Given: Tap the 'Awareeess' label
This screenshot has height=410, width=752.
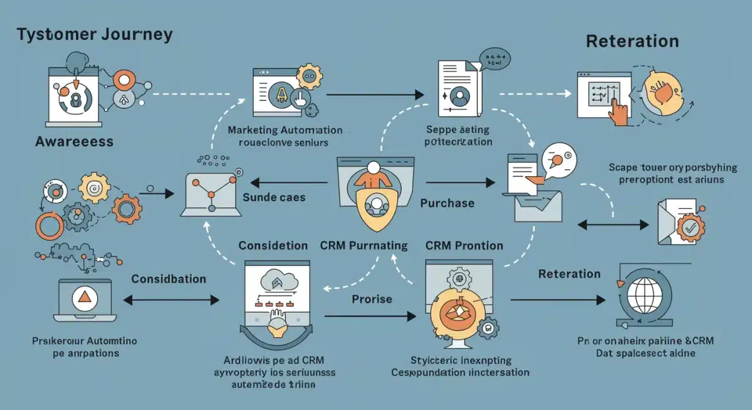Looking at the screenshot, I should coord(74,142).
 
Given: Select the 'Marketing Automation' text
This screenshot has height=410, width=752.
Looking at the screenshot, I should coord(285,130).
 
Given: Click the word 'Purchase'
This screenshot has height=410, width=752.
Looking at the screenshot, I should coord(447,203).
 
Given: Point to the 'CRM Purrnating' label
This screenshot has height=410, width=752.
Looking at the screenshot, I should coord(363,246).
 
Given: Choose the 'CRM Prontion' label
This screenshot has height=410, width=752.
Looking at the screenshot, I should coord(464,246).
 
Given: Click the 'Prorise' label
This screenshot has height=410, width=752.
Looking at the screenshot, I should coord(372,299).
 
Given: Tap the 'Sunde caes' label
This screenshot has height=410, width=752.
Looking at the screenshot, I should coord(274,197).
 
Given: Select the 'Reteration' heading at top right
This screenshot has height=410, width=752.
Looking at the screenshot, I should coord(632,42).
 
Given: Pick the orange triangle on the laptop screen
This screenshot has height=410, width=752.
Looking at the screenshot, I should coord(83,298).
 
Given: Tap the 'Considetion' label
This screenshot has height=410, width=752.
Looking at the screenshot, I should coord(273,246).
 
